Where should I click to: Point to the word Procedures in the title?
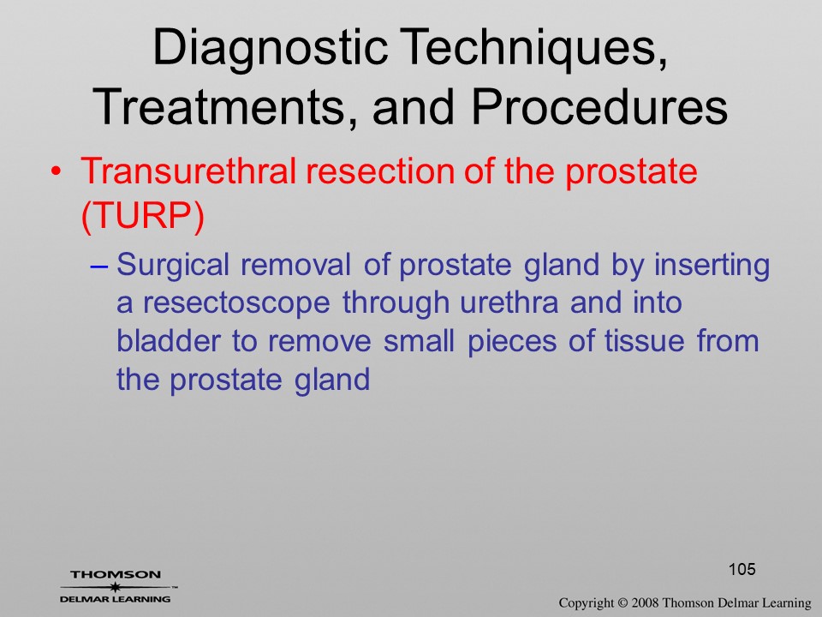coord(599,107)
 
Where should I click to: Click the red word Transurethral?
coord(189,171)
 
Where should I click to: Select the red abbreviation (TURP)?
coord(143,215)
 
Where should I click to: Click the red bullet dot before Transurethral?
coord(57,172)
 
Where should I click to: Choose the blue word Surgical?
coord(172,265)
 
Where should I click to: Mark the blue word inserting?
coord(712,265)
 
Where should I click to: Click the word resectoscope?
coord(236,303)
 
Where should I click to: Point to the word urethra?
coord(509,303)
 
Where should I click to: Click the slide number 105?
coord(742,569)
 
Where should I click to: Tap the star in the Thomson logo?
coord(114,587)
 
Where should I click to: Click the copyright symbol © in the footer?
coord(622,602)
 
